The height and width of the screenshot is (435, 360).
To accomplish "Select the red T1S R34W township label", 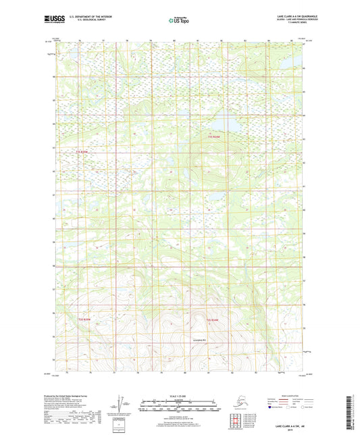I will tap(214, 138).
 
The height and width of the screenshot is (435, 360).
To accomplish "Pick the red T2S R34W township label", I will tap(213, 319).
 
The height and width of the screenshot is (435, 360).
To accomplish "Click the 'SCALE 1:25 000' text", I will tap(180, 396).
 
